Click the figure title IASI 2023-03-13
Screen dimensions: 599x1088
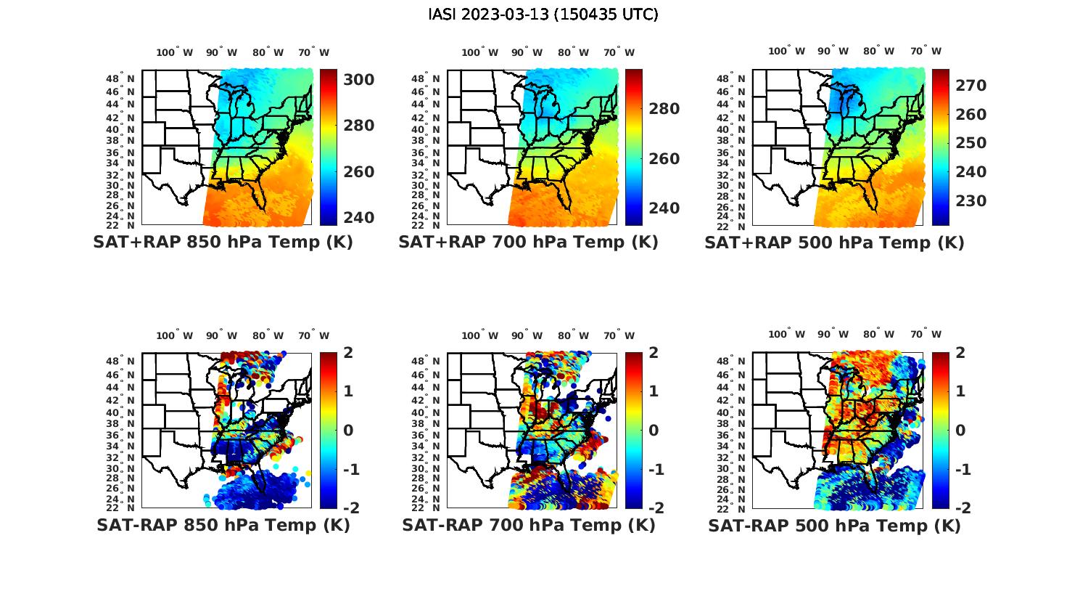click(543, 15)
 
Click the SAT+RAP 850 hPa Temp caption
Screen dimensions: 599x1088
click(223, 243)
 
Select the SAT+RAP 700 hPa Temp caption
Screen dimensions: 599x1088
click(528, 243)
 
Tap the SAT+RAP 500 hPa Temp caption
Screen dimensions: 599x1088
click(834, 243)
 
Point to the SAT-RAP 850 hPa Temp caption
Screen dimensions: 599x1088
click(223, 526)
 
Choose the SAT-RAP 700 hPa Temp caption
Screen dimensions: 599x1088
click(528, 526)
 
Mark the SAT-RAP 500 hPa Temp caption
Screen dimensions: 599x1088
click(834, 526)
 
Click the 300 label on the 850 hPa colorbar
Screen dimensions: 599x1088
click(358, 79)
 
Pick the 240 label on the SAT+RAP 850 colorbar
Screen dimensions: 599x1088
click(358, 217)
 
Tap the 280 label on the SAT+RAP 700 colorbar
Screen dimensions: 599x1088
click(664, 109)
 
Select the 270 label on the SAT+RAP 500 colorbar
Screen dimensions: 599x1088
click(970, 86)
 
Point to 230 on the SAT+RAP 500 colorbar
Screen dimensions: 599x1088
click(970, 200)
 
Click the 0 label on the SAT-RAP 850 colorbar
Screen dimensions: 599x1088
click(347, 430)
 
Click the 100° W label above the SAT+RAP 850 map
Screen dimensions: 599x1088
click(175, 52)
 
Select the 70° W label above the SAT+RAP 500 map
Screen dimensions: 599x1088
click(926, 51)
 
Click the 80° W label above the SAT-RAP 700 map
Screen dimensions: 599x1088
click(574, 335)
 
